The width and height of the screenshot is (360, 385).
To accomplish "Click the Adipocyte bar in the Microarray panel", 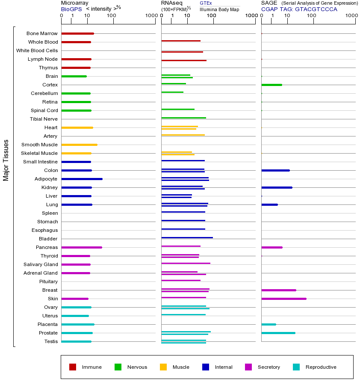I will (x=82, y=179).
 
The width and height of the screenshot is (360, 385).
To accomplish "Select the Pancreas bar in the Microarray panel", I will (x=82, y=247).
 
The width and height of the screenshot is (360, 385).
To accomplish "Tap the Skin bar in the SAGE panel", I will (x=283, y=299).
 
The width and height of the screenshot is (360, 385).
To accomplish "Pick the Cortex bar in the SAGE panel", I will (x=271, y=85).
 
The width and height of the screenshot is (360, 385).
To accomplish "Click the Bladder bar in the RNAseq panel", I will (x=187, y=237).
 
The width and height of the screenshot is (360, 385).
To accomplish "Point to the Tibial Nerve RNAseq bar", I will (x=183, y=118).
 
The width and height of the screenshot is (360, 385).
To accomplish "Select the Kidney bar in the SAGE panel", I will (x=277, y=187).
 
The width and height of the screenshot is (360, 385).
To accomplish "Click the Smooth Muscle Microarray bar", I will (x=79, y=145).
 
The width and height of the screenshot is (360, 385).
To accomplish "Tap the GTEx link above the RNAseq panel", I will (x=206, y=3).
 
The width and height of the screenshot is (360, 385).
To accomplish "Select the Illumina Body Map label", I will (x=219, y=9).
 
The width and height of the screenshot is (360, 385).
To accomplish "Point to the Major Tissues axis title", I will (x=6, y=160).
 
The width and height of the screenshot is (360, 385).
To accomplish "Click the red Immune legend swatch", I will (x=73, y=367).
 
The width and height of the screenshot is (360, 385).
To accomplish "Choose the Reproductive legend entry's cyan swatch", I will (x=296, y=367).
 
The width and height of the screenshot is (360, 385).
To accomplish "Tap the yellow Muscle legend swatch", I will (x=163, y=367).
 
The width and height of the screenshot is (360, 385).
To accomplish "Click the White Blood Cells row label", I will (x=37, y=50).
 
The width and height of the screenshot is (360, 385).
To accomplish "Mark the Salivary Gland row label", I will (x=41, y=264).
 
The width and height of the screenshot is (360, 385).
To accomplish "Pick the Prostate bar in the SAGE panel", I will (x=278, y=333).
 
